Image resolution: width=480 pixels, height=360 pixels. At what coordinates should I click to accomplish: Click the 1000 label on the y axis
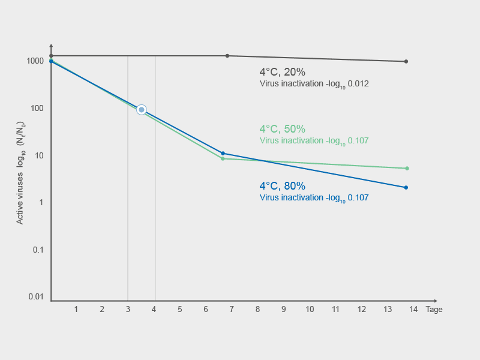[x=35, y=61]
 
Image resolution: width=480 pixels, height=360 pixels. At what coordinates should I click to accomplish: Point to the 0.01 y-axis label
[x=36, y=297]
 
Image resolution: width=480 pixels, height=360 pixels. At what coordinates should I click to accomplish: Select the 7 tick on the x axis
[x=232, y=310]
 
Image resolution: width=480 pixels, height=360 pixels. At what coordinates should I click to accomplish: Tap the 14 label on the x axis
[x=413, y=310]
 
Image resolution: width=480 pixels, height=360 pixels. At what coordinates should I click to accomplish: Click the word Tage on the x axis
[x=434, y=310]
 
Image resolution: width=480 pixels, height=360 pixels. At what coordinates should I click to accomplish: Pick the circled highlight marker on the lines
[x=142, y=110]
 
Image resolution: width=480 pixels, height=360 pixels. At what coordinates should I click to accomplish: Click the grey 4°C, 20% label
[x=282, y=72]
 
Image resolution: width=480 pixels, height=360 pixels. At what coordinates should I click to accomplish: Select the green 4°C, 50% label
[x=282, y=129]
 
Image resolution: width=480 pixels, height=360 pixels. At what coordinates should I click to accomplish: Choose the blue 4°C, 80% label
[x=282, y=186]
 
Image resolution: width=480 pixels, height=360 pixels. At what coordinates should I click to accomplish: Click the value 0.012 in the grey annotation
[x=358, y=84]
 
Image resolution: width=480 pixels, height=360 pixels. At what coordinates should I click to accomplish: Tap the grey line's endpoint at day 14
[x=406, y=61]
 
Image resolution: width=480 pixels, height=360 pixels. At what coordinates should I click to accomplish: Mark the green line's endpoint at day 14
[x=407, y=169]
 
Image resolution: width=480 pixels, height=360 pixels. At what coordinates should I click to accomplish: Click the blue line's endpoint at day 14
[x=406, y=188]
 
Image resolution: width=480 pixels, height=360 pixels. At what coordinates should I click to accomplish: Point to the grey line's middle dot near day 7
[x=227, y=56]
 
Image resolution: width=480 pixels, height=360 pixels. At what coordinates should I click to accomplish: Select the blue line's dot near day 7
[x=223, y=154]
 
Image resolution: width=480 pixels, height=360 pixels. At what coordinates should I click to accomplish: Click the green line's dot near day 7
[x=223, y=159]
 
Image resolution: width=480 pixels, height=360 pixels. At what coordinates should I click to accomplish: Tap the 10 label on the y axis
[x=40, y=155]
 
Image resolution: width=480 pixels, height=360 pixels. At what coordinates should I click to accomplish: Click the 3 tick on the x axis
[x=128, y=310]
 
